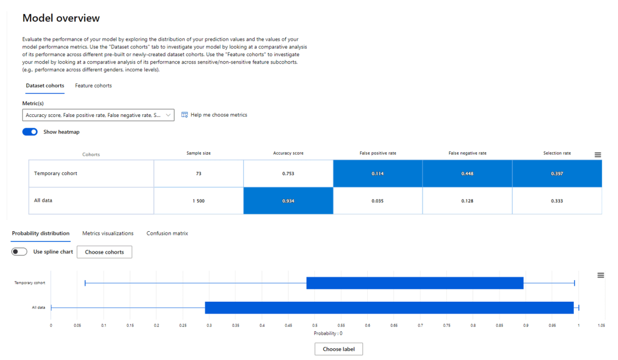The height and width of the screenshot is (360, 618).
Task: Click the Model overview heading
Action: (x=61, y=19)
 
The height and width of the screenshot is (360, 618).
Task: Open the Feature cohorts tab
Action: (x=93, y=85)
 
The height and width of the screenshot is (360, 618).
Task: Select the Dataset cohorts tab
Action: (x=45, y=85)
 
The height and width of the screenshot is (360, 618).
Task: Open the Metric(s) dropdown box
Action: (x=98, y=115)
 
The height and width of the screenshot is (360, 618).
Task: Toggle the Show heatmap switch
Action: (x=30, y=132)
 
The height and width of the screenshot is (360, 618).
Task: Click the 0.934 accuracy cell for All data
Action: (x=288, y=200)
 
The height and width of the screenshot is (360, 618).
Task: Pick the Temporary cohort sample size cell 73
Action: (x=198, y=174)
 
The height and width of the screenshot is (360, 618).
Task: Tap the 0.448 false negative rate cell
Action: (x=467, y=174)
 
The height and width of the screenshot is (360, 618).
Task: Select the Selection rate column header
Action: (x=557, y=153)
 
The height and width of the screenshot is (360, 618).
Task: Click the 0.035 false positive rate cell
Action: (x=377, y=200)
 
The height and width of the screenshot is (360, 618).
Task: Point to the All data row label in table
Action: (x=43, y=200)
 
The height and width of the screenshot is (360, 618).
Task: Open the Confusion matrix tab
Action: (x=167, y=233)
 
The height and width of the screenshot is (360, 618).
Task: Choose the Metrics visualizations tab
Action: (x=108, y=233)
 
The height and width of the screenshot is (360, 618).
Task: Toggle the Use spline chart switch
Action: (x=20, y=252)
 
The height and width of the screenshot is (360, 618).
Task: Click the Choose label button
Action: (x=338, y=349)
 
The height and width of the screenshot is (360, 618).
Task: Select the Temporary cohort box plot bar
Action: (x=415, y=283)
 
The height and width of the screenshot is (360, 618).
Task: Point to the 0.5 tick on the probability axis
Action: (x=315, y=325)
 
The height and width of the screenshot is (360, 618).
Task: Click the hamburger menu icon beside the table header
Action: (x=597, y=155)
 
